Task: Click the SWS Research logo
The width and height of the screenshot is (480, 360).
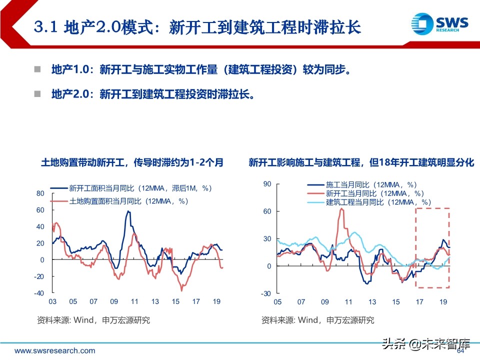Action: click(439, 24)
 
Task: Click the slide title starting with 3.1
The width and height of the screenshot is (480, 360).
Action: click(197, 27)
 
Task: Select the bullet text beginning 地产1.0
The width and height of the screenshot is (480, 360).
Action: click(200, 70)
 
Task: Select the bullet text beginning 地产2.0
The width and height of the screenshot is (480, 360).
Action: click(153, 94)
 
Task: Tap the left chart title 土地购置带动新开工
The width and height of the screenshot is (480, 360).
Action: click(132, 162)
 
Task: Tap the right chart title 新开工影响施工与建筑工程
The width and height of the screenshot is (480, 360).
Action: click(361, 162)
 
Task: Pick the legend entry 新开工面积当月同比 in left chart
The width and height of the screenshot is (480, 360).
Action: click(140, 188)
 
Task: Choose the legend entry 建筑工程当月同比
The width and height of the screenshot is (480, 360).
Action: click(378, 202)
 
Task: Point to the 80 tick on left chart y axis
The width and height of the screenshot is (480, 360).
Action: click(40, 193)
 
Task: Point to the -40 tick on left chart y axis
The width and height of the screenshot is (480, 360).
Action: click(39, 293)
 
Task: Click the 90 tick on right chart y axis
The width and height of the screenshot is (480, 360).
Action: click(267, 184)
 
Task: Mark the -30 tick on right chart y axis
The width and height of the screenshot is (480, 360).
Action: click(266, 293)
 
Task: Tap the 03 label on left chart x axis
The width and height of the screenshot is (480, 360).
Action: click(52, 301)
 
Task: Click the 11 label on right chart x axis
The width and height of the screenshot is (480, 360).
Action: click(348, 302)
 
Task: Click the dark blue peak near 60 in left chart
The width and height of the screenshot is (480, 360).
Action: click(128, 211)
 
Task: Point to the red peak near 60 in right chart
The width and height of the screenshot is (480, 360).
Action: click(341, 209)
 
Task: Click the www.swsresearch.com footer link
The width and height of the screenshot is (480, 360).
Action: click(54, 350)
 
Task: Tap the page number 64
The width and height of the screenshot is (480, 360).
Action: click(461, 351)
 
